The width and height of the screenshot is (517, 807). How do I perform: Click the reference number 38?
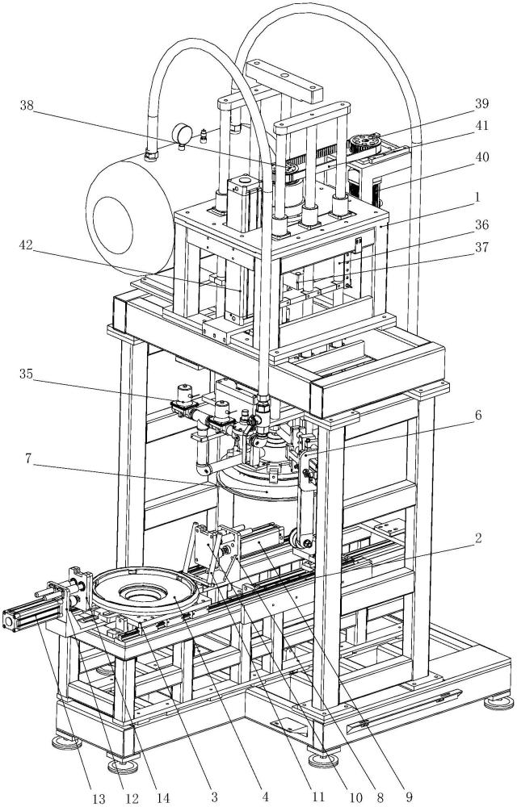coord(27,106)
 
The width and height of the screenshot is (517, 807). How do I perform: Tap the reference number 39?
coord(481,104)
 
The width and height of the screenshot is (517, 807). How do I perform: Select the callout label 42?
coord(26,245)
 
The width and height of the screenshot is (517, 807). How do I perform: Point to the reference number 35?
coord(26,374)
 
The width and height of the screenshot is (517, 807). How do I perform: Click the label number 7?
coord(29,458)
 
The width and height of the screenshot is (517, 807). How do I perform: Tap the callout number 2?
coord(478,539)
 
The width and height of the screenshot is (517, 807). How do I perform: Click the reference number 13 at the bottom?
coord(99,799)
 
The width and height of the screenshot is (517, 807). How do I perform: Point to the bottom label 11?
coord(318,797)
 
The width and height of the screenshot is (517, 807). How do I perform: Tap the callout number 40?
coord(481,157)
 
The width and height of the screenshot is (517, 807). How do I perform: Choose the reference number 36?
coord(481,225)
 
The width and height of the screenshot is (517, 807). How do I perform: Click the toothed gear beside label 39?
coord(364,141)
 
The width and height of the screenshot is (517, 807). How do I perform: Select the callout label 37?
coord(481,248)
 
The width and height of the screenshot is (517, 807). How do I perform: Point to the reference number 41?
coord(481,126)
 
